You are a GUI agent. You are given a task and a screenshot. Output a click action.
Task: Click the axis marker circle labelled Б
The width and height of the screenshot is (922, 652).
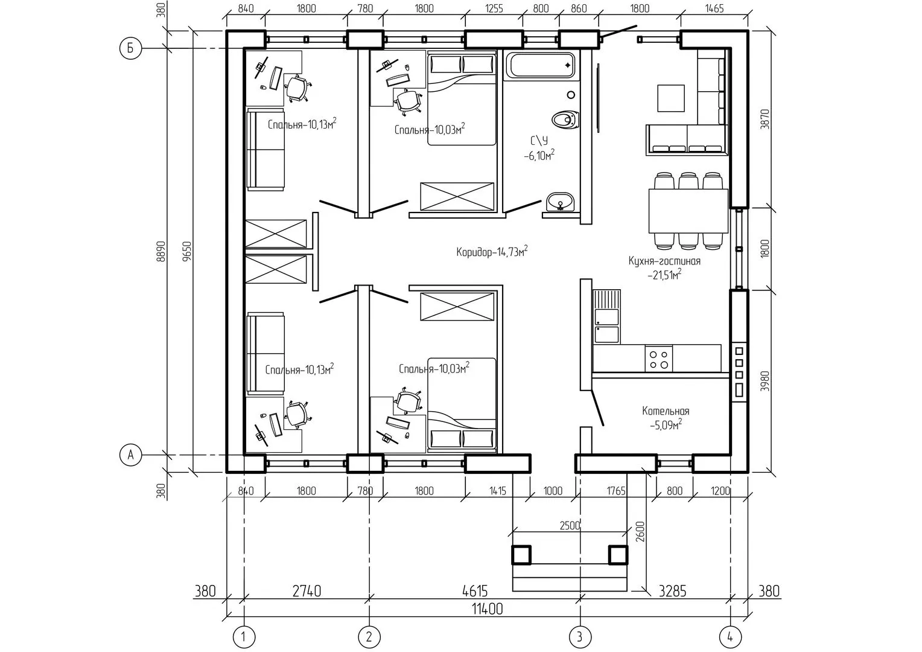click(x=130, y=48)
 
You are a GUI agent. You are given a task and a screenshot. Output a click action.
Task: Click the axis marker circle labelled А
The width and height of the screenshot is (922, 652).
click(x=130, y=455)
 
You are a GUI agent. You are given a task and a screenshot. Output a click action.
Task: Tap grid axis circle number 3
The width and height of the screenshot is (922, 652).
click(x=580, y=637)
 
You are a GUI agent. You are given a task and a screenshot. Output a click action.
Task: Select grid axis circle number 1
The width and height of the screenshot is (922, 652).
click(x=244, y=637)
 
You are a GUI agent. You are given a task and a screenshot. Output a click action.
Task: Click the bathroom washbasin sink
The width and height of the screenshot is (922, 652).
click(x=560, y=203)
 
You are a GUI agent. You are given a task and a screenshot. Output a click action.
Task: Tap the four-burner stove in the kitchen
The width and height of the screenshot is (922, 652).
click(x=658, y=359)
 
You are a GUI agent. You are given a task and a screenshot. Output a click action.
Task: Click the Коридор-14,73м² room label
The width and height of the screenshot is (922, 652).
click(x=492, y=251)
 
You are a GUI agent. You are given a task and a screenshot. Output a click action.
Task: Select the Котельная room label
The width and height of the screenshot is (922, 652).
click(x=666, y=411)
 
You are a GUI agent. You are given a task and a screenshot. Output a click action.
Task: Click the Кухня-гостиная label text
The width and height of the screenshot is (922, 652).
click(x=664, y=261)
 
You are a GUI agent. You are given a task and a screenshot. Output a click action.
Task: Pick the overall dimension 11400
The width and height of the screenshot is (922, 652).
click(x=488, y=609)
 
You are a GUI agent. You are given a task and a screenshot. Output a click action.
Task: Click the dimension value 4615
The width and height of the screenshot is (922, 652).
click(x=475, y=591)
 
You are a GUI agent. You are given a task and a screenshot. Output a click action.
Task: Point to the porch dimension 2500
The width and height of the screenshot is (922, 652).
click(x=570, y=526)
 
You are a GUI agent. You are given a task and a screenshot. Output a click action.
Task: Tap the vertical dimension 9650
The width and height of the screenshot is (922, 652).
click(x=187, y=252)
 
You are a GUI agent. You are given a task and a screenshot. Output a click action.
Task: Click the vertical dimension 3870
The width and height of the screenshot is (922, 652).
click(x=765, y=119)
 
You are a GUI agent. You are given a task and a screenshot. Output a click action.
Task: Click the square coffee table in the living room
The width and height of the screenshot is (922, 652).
click(x=671, y=98)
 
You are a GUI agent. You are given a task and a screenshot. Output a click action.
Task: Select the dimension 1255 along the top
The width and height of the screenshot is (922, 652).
click(x=494, y=8)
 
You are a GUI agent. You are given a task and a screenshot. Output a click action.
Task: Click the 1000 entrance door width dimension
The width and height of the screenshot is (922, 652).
click(x=553, y=491)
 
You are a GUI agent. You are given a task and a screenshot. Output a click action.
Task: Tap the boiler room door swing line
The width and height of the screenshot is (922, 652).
click(x=597, y=407)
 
